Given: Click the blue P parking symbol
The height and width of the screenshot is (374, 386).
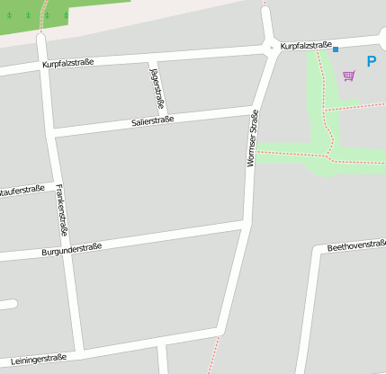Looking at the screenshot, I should pos(372,62).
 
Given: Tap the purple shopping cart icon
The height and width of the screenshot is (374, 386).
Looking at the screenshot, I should pos(348,76).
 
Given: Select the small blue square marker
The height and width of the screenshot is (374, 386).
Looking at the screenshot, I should pos(336,49).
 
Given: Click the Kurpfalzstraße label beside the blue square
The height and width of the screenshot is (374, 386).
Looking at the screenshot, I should pos(306,45).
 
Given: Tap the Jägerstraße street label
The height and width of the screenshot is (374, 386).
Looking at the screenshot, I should pos(156,85).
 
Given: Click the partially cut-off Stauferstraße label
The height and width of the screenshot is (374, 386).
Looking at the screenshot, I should pos(22,190).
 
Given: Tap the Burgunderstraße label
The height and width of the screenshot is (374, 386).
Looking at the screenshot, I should pos(72,249).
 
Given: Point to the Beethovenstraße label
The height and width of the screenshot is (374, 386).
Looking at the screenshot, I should pos(356,245).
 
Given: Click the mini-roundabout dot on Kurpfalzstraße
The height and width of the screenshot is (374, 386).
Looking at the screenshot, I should pos(272,47).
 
